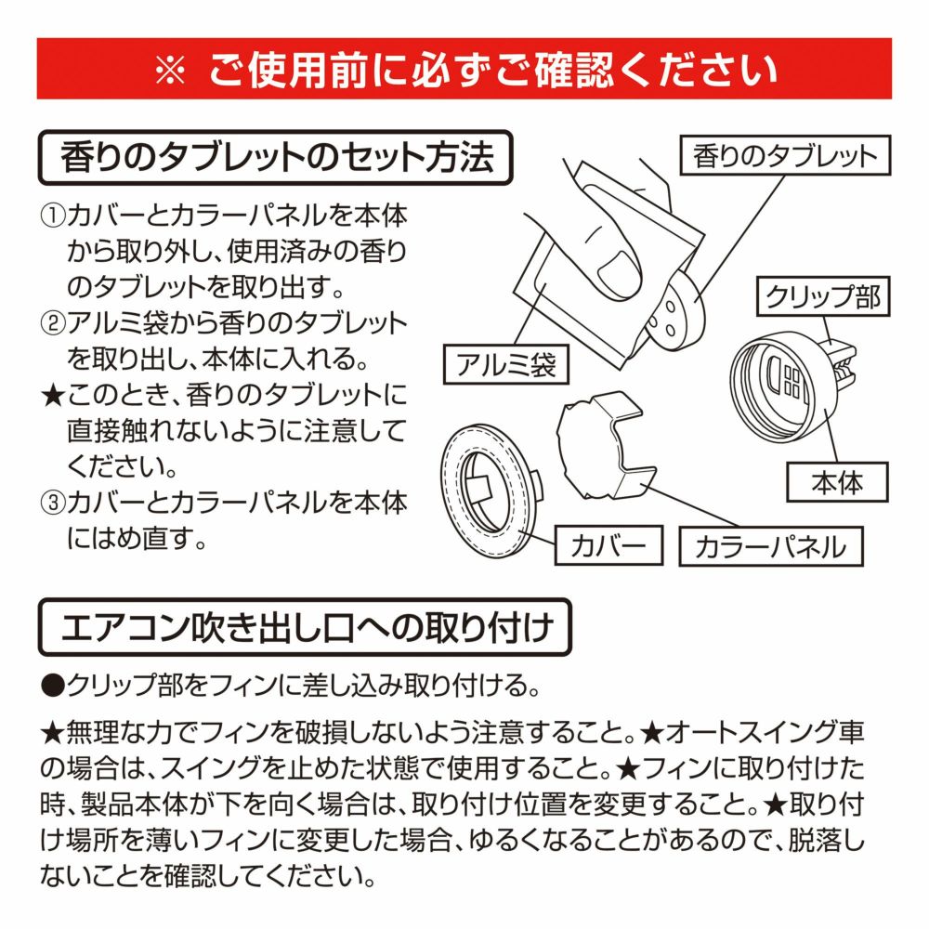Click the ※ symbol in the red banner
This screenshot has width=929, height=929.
pyautogui.click(x=170, y=70)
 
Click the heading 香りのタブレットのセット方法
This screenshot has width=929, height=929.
pyautogui.click(x=276, y=158)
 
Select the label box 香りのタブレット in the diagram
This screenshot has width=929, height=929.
pyautogui.click(x=785, y=155)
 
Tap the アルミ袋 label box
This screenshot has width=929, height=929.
pyautogui.click(x=506, y=364)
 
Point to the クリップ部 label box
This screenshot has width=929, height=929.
pyautogui.click(x=823, y=296)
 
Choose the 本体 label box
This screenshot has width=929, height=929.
pyautogui.click(x=837, y=482)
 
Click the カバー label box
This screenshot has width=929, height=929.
pyautogui.click(x=608, y=545)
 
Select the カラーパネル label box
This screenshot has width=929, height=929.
pyautogui.click(x=771, y=546)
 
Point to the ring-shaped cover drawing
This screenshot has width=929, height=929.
pyautogui.click(x=490, y=491)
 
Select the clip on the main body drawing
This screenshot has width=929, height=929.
pyautogui.click(x=842, y=362)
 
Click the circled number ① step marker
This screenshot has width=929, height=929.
pyautogui.click(x=52, y=216)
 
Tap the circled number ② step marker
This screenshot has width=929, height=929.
pyautogui.click(x=52, y=323)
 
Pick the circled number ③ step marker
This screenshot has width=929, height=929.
pyautogui.click(x=52, y=503)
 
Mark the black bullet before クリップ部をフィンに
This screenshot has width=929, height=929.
pyautogui.click(x=53, y=686)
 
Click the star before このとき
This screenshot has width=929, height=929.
pyautogui.click(x=53, y=396)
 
